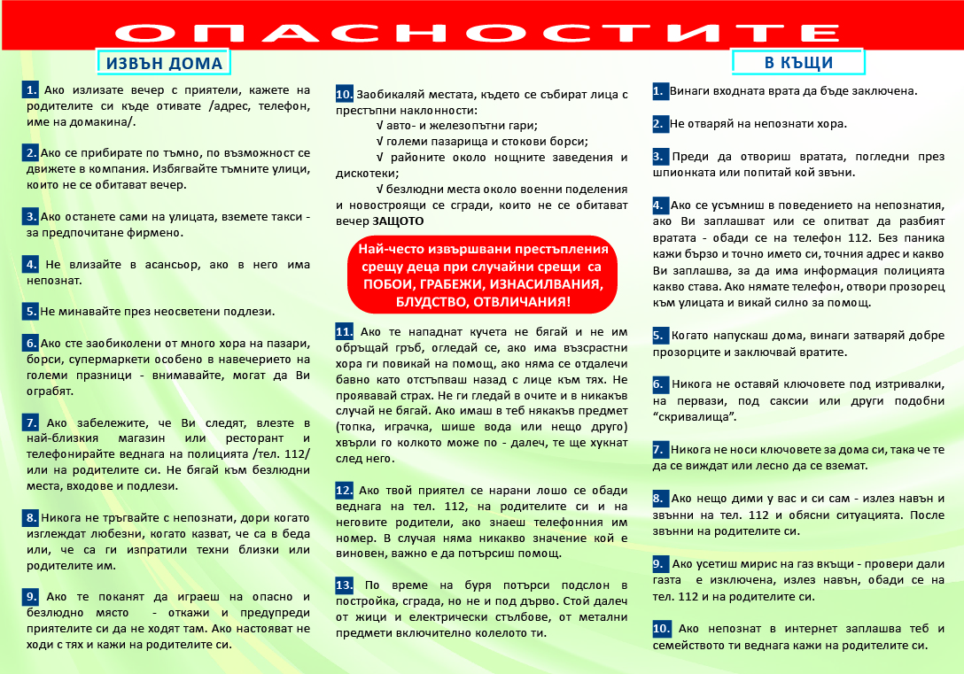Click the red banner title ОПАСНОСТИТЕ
tap(483, 33)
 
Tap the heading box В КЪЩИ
tap(798, 63)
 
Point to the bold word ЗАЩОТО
tap(398, 221)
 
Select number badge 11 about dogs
tap(345, 331)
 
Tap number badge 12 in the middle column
tap(345, 490)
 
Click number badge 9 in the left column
tap(31, 597)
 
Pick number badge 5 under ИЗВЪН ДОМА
tap(30, 311)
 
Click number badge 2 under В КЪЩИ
tap(659, 124)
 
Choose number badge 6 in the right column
tap(659, 384)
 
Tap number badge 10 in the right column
tap(662, 629)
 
